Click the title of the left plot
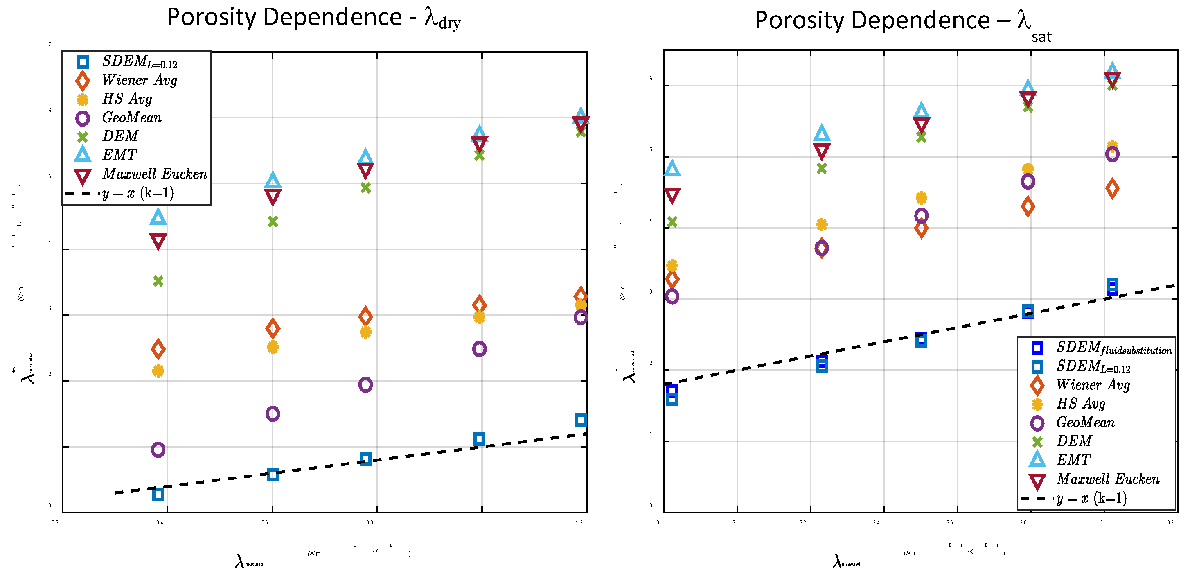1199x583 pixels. tap(313, 18)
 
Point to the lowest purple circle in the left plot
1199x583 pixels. tap(158, 450)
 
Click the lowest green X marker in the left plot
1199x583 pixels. tap(158, 281)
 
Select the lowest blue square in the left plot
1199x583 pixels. tap(158, 495)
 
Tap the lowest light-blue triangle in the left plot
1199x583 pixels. tap(158, 217)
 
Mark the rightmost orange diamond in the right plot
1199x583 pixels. tap(1112, 189)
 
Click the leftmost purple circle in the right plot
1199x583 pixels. tap(672, 296)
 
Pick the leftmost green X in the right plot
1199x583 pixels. tap(672, 221)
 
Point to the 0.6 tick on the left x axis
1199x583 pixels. tap(264, 522)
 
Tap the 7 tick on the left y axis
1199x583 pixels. tap(50, 44)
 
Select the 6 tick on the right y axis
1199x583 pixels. tap(651, 78)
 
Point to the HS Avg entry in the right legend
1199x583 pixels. tap(1080, 404)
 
